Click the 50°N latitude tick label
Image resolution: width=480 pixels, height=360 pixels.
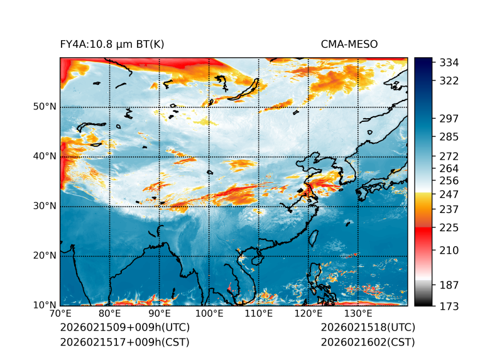point(45,107)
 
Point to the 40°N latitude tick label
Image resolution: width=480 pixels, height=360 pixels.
point(45,156)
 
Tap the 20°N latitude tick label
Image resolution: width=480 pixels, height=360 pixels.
point(45,256)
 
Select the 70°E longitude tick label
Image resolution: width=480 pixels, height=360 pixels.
point(60,314)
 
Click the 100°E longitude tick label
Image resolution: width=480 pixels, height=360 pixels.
point(209,314)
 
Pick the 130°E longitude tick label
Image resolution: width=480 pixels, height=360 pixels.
point(357,314)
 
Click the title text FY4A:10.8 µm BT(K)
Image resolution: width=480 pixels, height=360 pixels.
point(112,44)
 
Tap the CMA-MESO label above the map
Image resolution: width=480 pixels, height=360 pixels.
point(349,44)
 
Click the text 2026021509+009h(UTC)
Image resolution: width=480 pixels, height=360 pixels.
point(124,327)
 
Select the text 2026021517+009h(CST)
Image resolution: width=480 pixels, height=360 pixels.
point(124,342)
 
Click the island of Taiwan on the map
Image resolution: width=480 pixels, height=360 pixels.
point(314,238)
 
